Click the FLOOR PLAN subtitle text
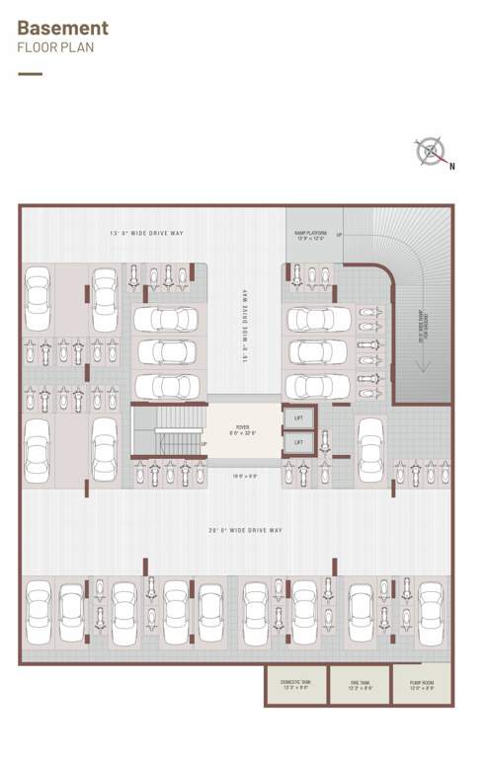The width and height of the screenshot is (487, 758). pyautogui.click(x=56, y=47)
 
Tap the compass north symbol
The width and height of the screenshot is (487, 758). pyautogui.click(x=431, y=152)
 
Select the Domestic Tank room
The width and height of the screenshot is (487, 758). pyautogui.click(x=295, y=685)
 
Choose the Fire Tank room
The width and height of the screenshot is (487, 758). pyautogui.click(x=359, y=685)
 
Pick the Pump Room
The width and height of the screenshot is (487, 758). pyautogui.click(x=421, y=685)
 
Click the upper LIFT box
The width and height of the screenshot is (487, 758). pyautogui.click(x=299, y=418)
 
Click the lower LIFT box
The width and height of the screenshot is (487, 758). pyautogui.click(x=299, y=443)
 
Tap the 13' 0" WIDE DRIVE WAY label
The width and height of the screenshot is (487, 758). pyautogui.click(x=147, y=234)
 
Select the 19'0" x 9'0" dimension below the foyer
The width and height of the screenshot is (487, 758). pyautogui.click(x=243, y=476)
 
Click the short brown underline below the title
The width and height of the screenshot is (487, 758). pyautogui.click(x=31, y=73)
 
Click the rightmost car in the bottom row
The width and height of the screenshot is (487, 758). pyautogui.click(x=431, y=611)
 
